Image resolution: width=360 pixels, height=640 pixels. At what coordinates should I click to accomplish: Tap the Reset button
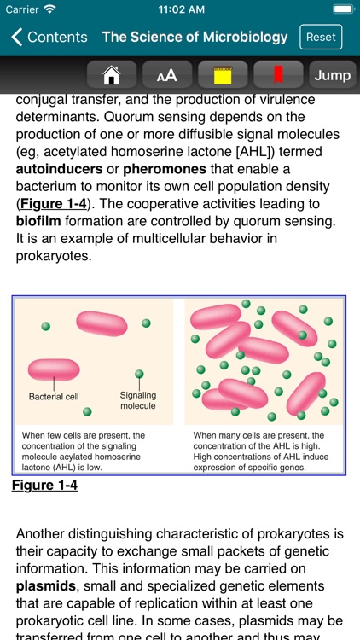pos(321,38)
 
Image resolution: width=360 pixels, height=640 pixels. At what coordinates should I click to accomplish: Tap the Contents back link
pos(49,38)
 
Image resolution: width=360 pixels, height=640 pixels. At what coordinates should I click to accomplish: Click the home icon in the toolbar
pos(111,75)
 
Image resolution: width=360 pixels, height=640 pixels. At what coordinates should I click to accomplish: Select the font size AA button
pos(166,75)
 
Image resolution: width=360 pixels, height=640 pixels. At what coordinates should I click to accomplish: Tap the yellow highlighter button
pos(223,75)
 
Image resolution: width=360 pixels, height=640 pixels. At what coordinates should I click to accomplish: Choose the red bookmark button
pos(278,75)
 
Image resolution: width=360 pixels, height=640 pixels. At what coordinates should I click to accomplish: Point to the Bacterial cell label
pos(54,397)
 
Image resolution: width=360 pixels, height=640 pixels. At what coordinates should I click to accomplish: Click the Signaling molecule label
pos(137,400)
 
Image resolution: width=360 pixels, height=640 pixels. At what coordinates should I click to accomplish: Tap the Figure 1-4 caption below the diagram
pos(45,486)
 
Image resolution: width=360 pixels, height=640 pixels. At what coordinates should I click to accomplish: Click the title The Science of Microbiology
pos(195,38)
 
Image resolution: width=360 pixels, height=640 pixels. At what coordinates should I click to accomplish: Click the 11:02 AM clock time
pos(179,10)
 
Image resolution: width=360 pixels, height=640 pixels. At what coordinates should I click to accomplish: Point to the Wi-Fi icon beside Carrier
pos(49,10)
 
